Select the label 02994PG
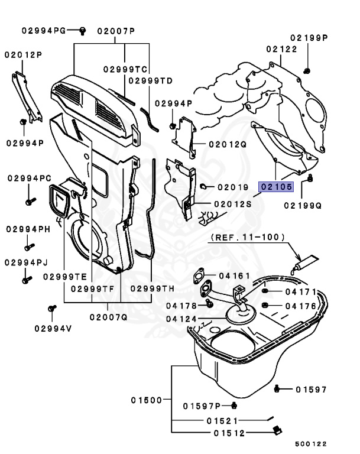44,30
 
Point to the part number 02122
281,49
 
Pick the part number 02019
232,187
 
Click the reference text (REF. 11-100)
247,237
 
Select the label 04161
235,275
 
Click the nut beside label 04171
265,292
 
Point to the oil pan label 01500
147,400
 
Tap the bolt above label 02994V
52,308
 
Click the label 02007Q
108,317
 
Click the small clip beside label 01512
275,432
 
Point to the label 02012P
24,54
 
